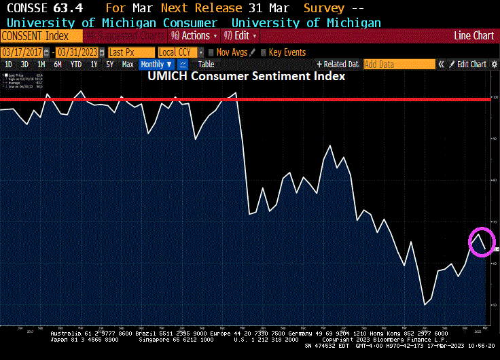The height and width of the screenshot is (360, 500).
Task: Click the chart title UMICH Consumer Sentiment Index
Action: [247, 77]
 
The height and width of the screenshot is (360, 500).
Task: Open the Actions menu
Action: [196, 35]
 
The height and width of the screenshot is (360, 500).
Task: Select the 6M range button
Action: [58, 65]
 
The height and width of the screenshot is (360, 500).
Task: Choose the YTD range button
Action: [75, 65]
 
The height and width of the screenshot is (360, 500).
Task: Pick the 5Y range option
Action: [109, 65]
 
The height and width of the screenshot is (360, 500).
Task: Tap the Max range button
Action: [127, 65]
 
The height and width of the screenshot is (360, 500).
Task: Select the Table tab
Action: [206, 65]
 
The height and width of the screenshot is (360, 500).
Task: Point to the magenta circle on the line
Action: [482, 241]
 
